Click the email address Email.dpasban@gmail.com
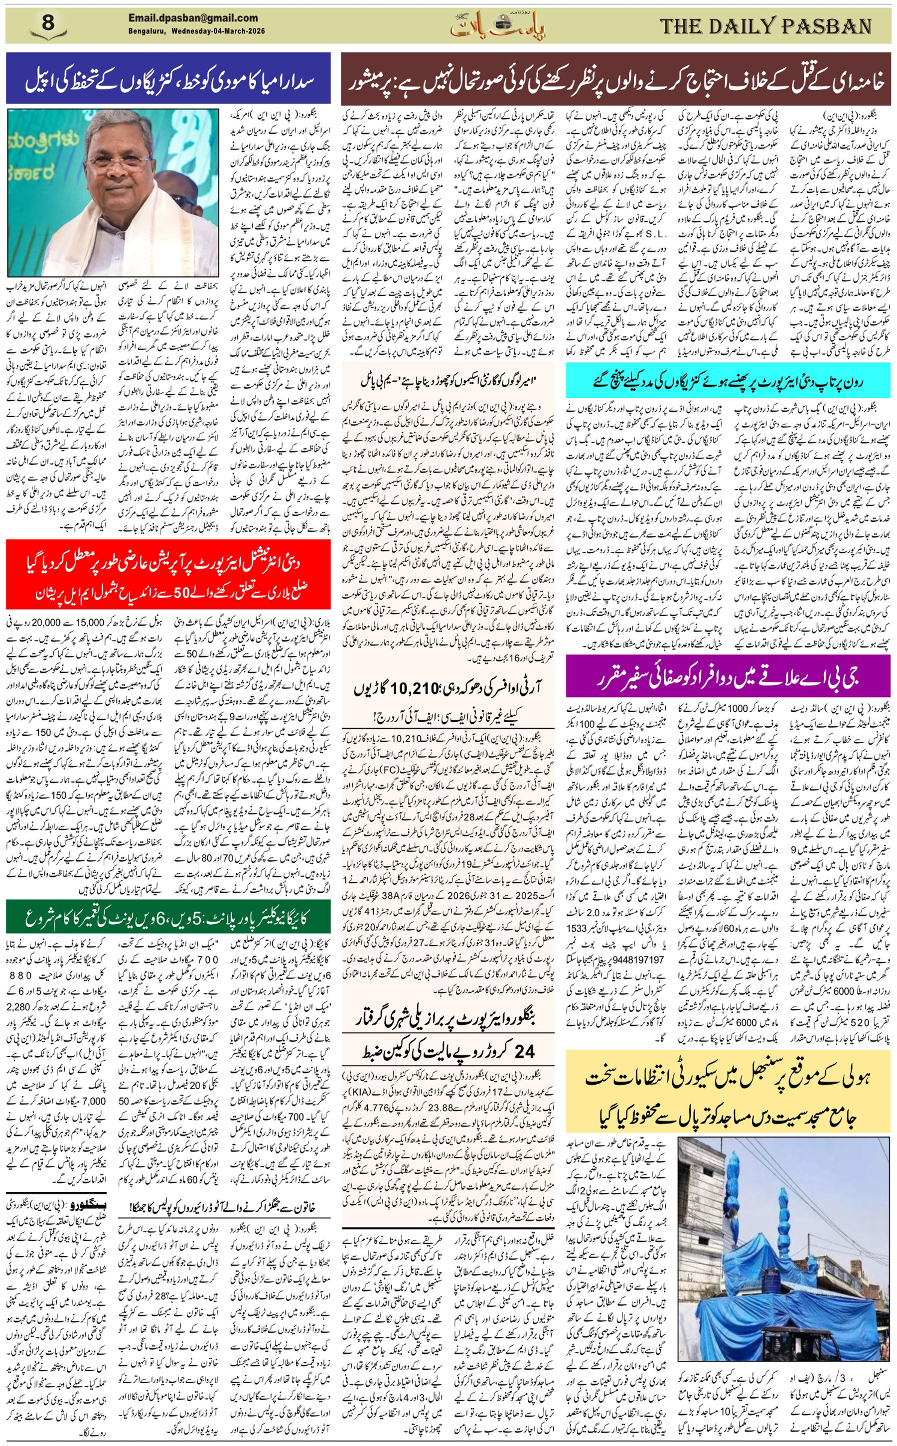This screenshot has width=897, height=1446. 193,18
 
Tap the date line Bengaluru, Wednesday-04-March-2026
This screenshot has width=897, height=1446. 196,31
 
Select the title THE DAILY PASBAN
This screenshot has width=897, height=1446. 765,26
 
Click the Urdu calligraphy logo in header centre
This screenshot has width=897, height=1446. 497,25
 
